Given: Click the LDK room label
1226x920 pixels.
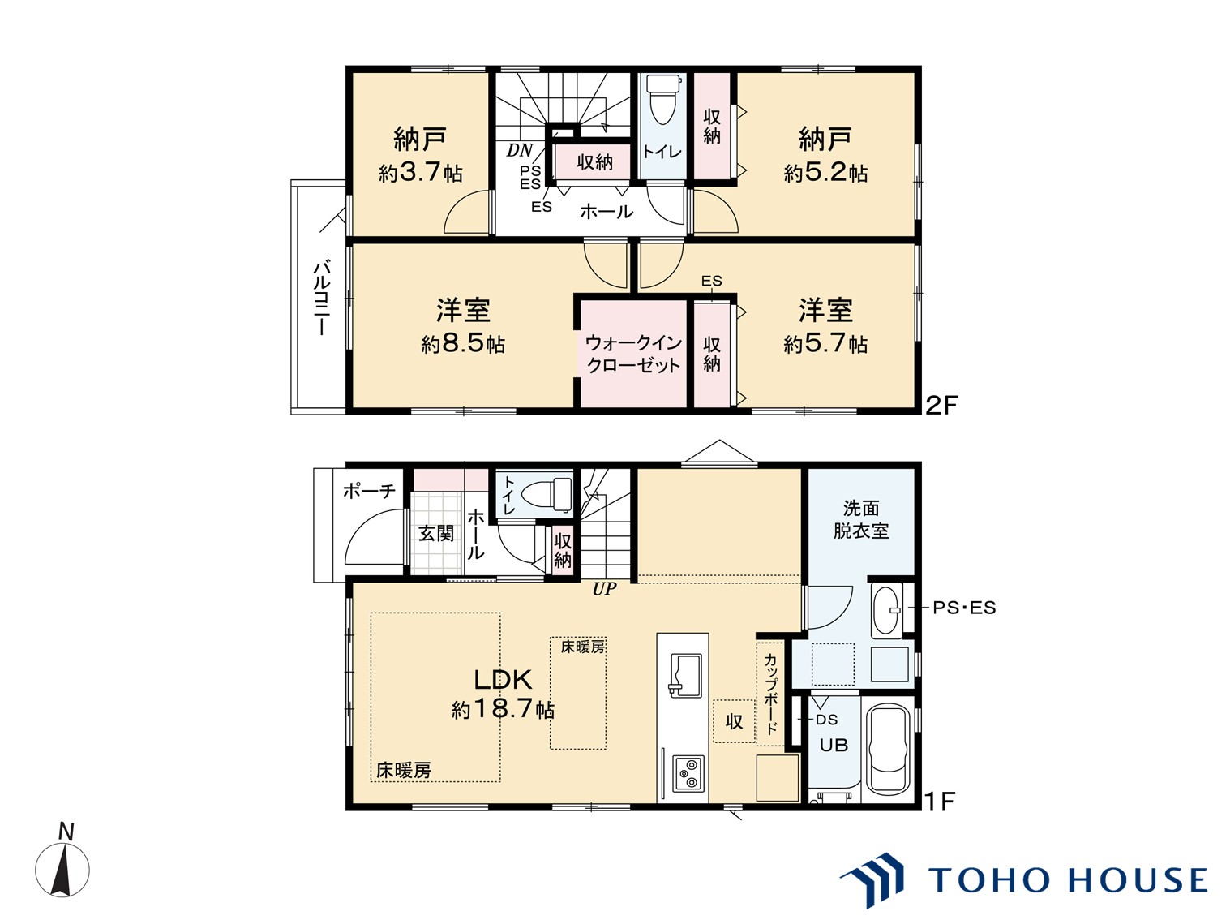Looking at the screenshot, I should [x=503, y=679].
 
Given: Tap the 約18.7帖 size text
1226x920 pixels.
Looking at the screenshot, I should [x=503, y=710].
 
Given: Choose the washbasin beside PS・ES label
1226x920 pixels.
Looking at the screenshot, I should [x=887, y=608].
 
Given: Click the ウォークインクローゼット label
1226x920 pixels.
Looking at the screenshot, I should [x=633, y=355].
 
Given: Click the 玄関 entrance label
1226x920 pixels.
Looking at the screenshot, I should [x=436, y=534].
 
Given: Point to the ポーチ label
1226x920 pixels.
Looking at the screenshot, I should [x=369, y=490].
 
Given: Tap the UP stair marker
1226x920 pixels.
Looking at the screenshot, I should [x=604, y=590].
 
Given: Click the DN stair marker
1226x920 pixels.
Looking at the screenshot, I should [x=520, y=151].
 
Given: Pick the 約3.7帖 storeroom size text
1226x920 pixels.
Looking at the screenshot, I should [x=420, y=173].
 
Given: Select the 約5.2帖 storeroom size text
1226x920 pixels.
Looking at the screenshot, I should [x=825, y=173].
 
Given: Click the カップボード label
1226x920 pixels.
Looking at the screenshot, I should [x=770, y=693].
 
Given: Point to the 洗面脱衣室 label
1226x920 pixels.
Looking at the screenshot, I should [x=861, y=519].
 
